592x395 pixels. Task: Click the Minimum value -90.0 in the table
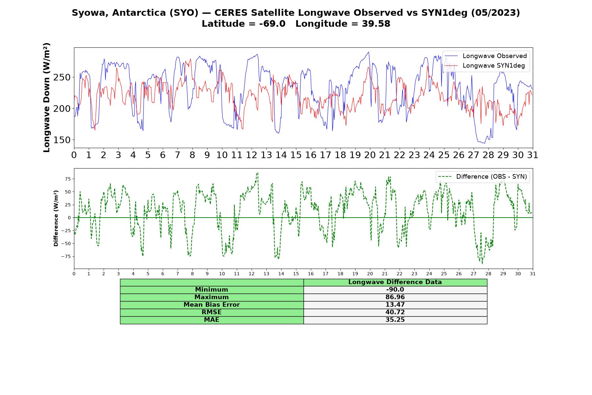(x=395, y=290)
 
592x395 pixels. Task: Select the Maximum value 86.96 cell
(x=395, y=297)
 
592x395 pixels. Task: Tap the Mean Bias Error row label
(x=211, y=305)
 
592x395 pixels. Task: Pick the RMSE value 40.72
(x=395, y=312)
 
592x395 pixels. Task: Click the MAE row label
(x=211, y=320)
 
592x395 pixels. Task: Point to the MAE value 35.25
(x=395, y=320)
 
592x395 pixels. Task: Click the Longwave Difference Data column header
(x=395, y=282)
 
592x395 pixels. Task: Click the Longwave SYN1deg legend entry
(x=485, y=66)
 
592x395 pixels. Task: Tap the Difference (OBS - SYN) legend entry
(x=482, y=177)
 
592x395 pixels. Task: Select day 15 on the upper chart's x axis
(x=296, y=155)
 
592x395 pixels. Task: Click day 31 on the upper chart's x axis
(x=533, y=155)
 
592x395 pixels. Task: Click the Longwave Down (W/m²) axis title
(x=47, y=97)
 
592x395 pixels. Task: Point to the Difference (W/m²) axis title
(x=56, y=218)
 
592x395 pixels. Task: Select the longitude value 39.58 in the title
(x=376, y=24)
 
